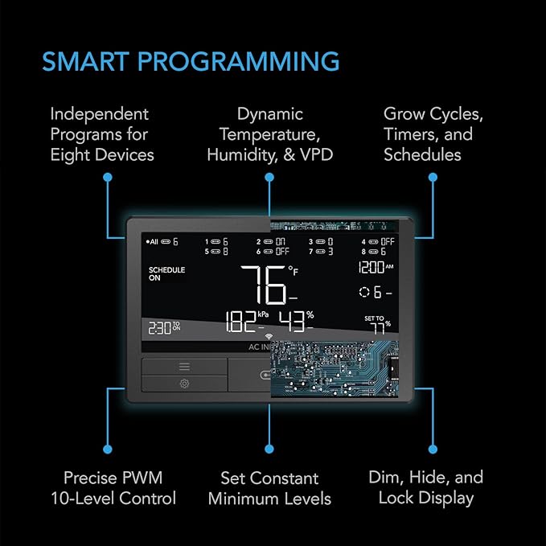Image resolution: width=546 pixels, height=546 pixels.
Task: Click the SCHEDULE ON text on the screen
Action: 166,273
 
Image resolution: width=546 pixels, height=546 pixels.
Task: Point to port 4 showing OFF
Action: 378,241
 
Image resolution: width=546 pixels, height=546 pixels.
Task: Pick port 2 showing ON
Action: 272,241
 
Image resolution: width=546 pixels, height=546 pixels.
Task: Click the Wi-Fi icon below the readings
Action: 269,338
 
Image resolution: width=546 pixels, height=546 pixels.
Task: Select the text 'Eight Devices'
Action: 102,154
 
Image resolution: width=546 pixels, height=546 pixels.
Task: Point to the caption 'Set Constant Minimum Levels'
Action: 269,488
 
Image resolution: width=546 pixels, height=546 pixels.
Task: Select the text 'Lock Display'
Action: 426,498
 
